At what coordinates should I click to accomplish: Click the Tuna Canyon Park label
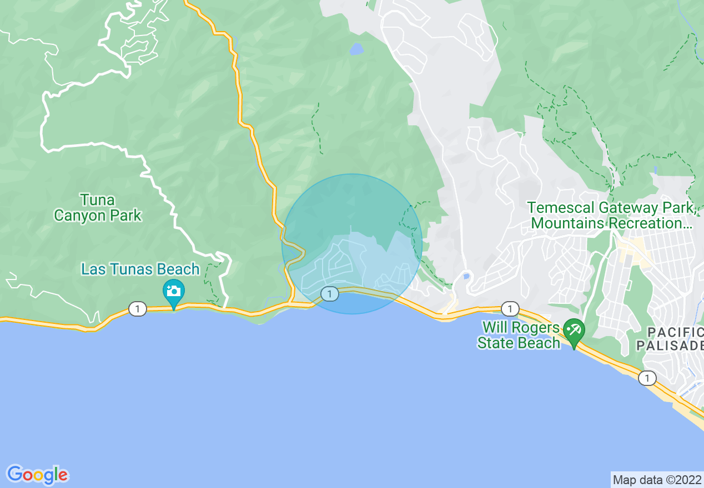pos(98,208)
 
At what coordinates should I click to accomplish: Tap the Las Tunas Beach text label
pos(140,270)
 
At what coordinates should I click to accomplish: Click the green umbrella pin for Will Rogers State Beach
pos(574,332)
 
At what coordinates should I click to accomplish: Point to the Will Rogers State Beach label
pos(519,335)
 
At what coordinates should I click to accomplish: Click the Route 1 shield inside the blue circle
pos(330,294)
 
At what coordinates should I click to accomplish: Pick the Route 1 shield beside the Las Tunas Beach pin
pos(137,309)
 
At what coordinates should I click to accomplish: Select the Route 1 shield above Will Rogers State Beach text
pos(510,309)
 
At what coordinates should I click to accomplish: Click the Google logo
pos(38,475)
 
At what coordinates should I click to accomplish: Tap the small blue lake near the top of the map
pos(356,49)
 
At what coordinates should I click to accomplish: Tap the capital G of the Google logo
pos(16,474)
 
